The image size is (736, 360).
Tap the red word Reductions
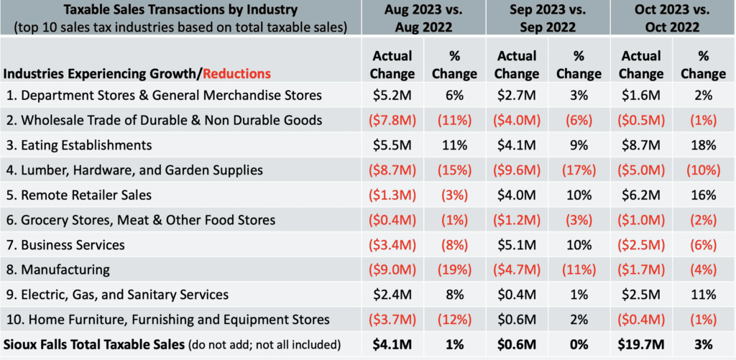click(236, 73)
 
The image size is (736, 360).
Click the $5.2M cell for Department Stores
click(392, 95)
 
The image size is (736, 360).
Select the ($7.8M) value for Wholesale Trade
click(392, 120)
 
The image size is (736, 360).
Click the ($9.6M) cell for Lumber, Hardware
click(517, 170)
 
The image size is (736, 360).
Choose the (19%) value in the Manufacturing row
click(454, 269)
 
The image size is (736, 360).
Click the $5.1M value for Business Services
click(517, 244)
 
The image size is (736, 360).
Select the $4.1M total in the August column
click(392, 344)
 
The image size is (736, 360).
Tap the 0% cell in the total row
click(578, 344)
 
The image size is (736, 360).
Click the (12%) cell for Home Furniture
click(454, 319)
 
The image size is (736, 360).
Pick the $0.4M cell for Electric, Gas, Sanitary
click(517, 295)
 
